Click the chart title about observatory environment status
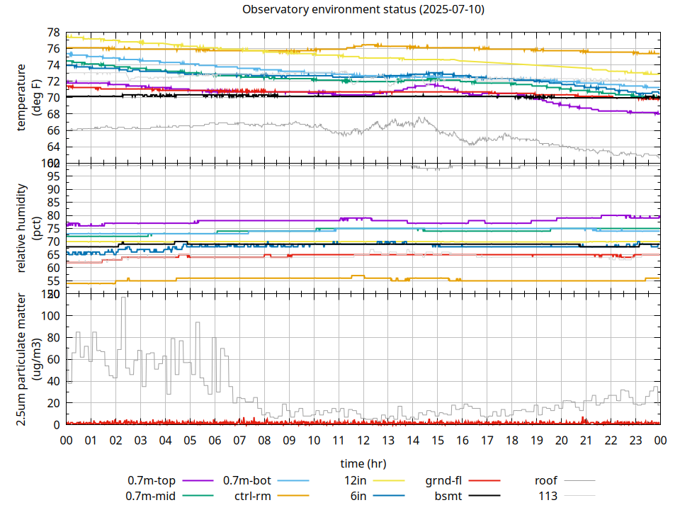point(363,10)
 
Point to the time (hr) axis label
point(363,463)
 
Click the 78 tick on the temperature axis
point(52,33)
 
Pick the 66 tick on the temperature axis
point(52,130)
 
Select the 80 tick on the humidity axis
point(52,215)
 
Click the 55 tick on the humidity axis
point(52,280)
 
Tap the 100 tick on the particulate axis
point(50,315)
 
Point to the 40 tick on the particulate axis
point(52,381)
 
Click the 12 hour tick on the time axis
point(363,440)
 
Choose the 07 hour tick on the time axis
point(239,440)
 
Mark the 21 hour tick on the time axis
point(586,440)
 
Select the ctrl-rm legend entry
point(251,496)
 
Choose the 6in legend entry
point(358,496)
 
